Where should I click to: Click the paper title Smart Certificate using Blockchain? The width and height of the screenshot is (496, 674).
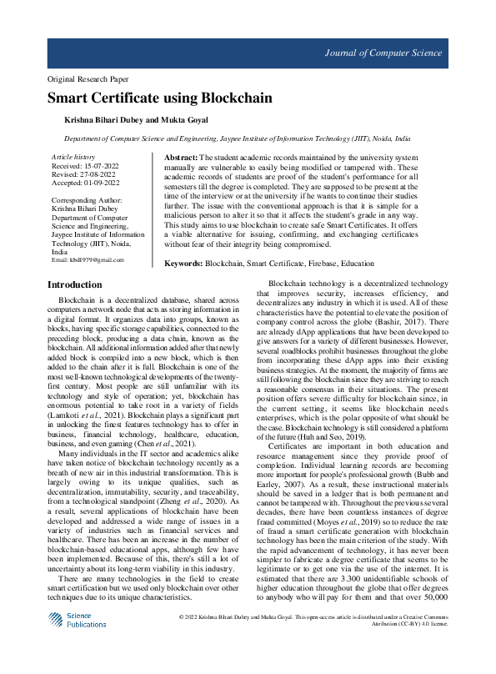click(159, 98)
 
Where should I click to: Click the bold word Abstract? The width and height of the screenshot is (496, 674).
click(181, 158)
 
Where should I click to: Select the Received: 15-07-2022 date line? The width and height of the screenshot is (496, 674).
click(85, 166)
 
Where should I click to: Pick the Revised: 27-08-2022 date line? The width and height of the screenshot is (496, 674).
click(83, 174)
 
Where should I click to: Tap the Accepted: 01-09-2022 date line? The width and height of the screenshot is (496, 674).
click(85, 183)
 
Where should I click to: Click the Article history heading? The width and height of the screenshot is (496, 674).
click(73, 157)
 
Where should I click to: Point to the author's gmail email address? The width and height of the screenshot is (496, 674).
click(88, 260)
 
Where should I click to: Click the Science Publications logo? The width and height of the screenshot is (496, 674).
click(77, 642)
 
